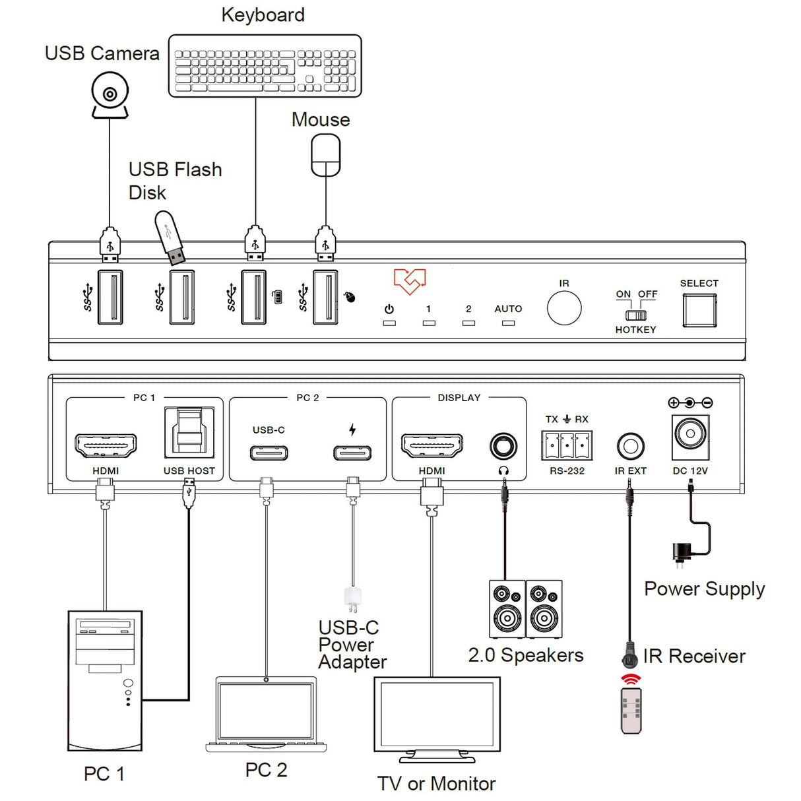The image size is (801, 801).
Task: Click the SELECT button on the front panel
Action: (699, 310)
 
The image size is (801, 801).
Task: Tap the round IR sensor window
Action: (564, 308)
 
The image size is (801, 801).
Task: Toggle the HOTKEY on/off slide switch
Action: (636, 315)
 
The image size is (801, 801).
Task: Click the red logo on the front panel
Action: (410, 281)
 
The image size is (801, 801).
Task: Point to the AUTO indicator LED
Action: (508, 323)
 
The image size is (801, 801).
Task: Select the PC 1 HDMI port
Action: (106, 446)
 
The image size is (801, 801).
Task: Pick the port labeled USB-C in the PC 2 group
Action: (269, 453)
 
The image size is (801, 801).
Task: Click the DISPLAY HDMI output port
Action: (432, 446)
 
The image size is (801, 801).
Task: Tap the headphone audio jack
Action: (503, 447)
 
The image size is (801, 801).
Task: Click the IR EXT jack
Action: (630, 447)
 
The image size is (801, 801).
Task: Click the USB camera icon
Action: (110, 96)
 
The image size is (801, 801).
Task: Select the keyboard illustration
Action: (265, 66)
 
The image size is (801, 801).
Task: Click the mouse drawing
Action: (326, 155)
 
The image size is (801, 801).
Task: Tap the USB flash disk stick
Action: (170, 238)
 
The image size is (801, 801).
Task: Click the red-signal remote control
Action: (631, 710)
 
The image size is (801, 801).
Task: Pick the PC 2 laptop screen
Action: (266, 711)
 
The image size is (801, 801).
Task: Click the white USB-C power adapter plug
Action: (352, 599)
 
